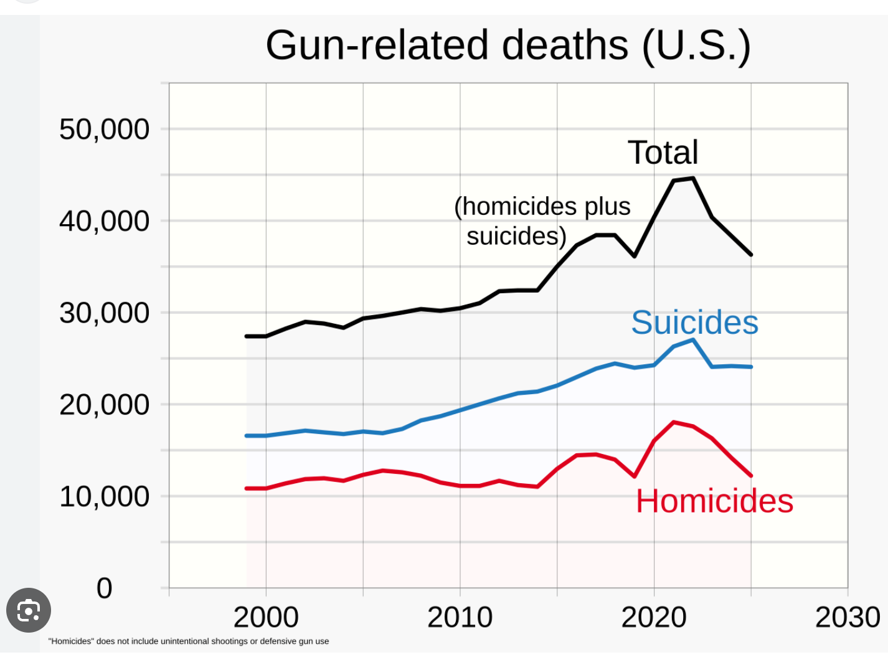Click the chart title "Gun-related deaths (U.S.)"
[x=508, y=45]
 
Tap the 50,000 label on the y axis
[x=104, y=130]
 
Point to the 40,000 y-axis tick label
[x=104, y=221]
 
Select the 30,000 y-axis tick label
[x=104, y=313]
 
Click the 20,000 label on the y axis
[x=104, y=405]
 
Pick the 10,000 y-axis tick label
[x=104, y=496]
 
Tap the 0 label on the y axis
[x=104, y=588]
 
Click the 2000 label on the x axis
[x=266, y=617]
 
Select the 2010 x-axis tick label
[x=460, y=617]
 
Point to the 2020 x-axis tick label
[x=654, y=617]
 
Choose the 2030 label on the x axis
[x=848, y=617]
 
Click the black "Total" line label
[x=663, y=153]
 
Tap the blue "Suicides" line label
[x=694, y=323]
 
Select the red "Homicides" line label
[x=714, y=501]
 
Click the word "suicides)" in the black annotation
[x=516, y=236]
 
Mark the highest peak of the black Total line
[x=692, y=178]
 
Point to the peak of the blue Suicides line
[x=692, y=340]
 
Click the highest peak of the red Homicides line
[x=674, y=422]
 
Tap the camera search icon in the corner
[x=29, y=610]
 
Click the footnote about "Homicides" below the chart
[x=189, y=641]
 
